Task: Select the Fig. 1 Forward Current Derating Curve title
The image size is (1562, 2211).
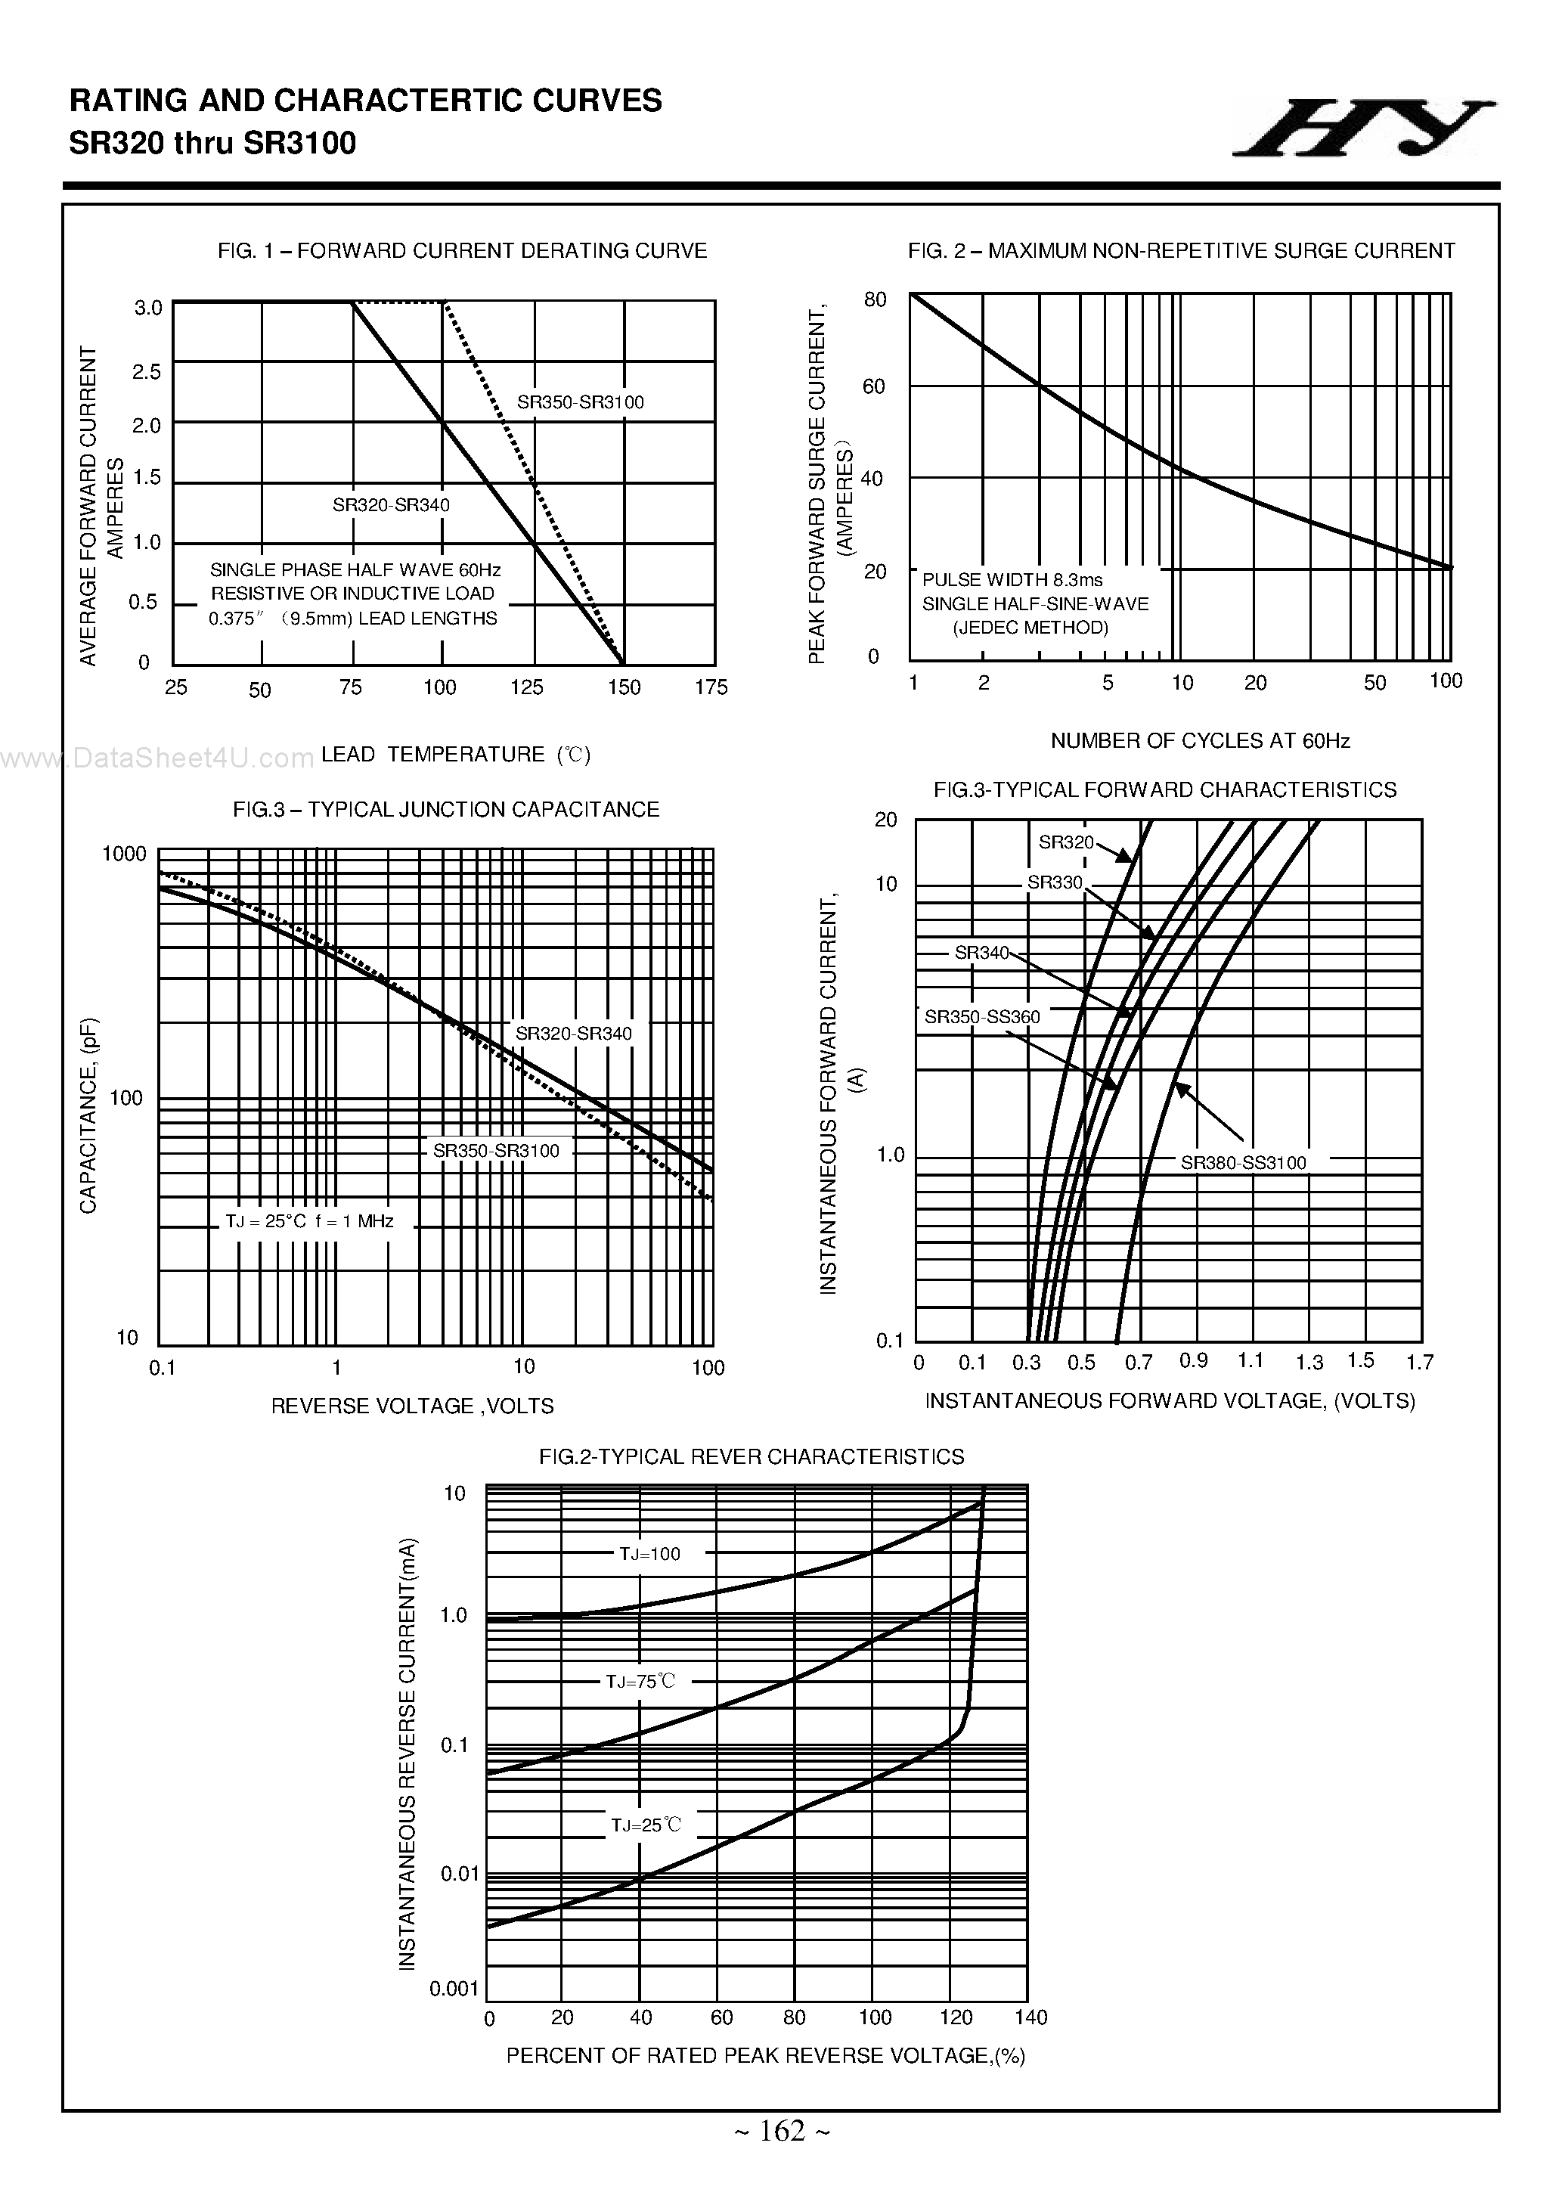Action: point(462,251)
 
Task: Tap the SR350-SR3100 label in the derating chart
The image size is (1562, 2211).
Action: point(580,402)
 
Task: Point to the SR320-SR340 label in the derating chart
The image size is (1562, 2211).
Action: point(391,504)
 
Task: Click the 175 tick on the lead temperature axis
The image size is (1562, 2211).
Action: point(711,687)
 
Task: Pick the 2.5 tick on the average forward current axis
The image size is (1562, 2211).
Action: point(147,372)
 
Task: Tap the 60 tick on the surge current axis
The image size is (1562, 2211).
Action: point(873,387)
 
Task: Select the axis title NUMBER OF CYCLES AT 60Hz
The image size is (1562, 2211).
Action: point(1200,740)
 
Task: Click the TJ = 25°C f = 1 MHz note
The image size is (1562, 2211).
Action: point(309,1221)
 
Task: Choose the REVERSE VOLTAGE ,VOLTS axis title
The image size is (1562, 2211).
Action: point(412,1406)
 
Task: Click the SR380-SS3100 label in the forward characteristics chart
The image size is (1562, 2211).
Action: point(1243,1162)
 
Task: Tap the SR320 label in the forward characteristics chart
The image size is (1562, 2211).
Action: point(1066,842)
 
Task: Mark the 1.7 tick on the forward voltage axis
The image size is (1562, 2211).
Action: point(1419,1362)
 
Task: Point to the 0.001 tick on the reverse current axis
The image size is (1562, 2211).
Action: point(454,1989)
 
